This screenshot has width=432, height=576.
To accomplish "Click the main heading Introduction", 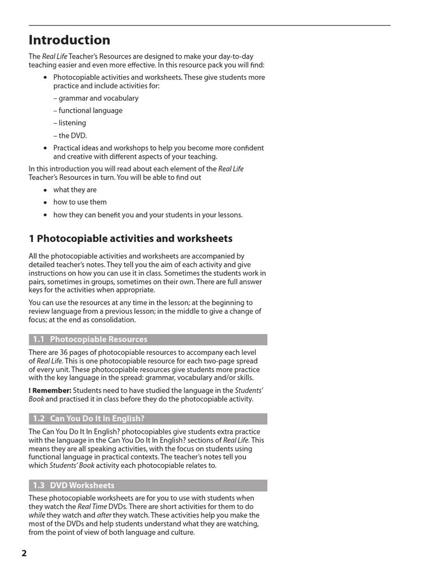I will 69,40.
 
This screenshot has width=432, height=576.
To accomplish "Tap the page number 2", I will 24,553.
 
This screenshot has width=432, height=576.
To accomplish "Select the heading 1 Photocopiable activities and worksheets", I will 130,238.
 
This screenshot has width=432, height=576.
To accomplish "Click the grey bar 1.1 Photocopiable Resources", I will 147,339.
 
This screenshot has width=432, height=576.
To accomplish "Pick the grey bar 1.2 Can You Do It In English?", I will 147,418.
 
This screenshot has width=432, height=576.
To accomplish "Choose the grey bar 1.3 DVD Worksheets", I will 147,485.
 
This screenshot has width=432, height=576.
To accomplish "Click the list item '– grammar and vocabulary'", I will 96,98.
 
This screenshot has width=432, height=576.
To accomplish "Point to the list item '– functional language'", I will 88,110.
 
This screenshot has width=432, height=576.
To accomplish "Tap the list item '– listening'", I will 70,123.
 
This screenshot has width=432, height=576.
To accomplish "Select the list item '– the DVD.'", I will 70,136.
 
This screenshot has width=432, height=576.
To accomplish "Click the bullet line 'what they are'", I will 75,190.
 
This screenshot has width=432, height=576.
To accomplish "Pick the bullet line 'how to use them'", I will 80,202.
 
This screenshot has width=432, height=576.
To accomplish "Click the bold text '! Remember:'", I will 49,390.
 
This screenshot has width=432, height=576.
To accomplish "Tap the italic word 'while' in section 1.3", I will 37,515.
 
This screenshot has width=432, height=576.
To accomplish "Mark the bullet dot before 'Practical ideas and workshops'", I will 45,148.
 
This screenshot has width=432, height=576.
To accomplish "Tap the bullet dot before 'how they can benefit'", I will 45,215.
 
